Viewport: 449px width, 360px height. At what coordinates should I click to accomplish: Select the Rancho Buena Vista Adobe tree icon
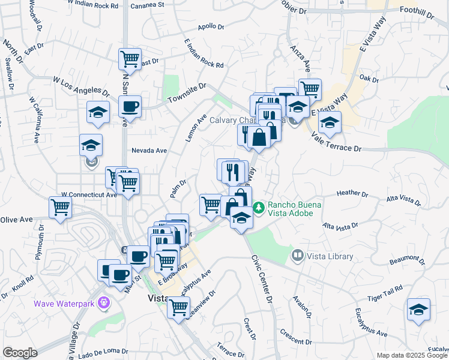259,207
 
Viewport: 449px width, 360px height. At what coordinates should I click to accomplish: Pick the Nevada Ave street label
149,151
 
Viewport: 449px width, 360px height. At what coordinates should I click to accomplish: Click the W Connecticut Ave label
89,195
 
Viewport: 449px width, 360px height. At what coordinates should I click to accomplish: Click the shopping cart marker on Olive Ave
60,208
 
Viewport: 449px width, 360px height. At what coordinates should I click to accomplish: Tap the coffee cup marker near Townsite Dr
129,107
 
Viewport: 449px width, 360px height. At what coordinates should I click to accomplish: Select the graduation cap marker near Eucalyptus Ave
419,310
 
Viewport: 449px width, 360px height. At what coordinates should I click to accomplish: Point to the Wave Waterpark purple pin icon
104,302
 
